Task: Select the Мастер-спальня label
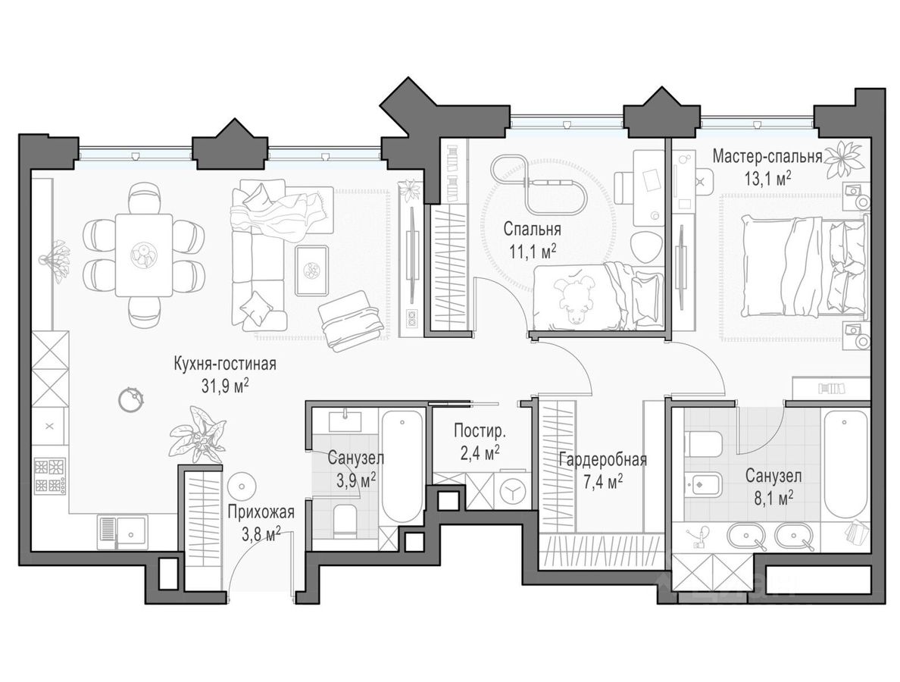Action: (767, 156)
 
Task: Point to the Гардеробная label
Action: (603, 460)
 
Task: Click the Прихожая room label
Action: (261, 512)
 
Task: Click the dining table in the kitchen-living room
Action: (143, 255)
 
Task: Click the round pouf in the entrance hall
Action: (241, 486)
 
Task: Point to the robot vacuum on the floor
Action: (130, 399)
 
